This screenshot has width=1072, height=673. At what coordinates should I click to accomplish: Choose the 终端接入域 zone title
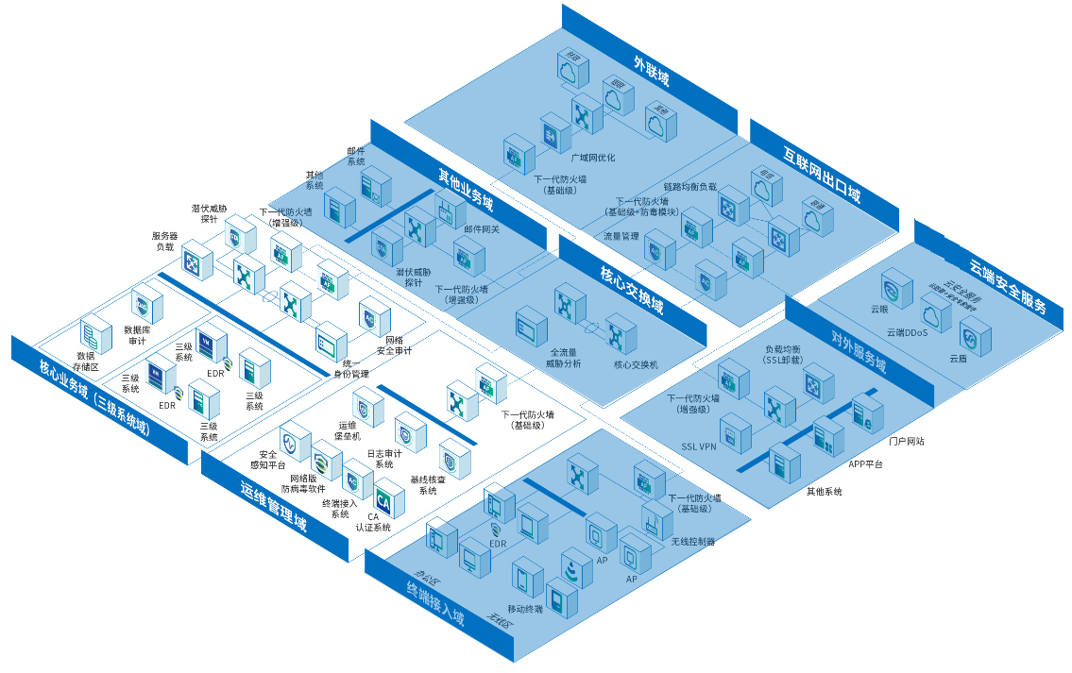(x=435, y=605)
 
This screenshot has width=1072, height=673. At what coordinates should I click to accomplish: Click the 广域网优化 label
(x=593, y=158)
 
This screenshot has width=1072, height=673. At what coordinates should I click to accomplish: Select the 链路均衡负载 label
(x=690, y=187)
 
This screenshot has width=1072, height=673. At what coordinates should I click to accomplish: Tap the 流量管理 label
(x=621, y=236)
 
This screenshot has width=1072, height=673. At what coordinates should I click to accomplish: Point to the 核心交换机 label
(x=636, y=364)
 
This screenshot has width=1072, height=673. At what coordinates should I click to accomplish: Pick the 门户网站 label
(x=907, y=441)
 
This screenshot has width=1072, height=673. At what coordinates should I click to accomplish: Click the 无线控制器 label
(x=692, y=542)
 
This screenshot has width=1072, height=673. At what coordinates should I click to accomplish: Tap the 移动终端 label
(x=525, y=610)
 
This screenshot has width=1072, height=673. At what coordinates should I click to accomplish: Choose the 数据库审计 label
(x=144, y=336)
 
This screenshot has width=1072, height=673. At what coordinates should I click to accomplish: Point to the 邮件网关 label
(x=482, y=227)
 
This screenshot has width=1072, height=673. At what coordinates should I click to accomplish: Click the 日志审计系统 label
(x=384, y=459)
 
